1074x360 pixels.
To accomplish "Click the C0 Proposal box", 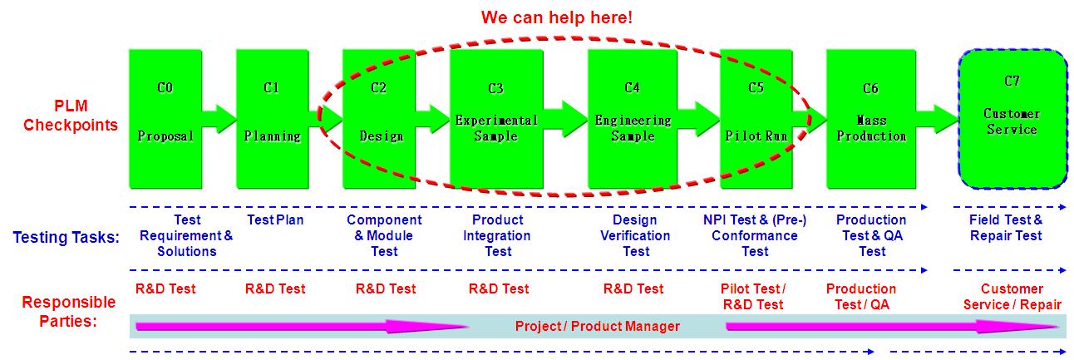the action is point(165,119).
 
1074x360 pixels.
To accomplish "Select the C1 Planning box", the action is point(273,119).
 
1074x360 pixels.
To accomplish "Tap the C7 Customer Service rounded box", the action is point(1012,119).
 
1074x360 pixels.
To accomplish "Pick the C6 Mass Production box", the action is point(871,119).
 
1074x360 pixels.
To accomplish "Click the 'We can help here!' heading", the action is point(557,17).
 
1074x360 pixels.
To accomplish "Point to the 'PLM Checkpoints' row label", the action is point(71,116).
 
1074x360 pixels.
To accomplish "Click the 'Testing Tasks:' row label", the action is point(67,237).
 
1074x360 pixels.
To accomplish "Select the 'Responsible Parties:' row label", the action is point(68,312).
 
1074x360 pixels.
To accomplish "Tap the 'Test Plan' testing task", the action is point(275,220).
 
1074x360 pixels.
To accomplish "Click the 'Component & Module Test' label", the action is point(384,236).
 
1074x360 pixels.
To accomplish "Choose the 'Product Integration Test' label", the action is point(497,236).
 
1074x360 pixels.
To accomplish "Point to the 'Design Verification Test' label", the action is point(635,236).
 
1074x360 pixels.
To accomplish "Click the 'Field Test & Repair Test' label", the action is point(1006,228).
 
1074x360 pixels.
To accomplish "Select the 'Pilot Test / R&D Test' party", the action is point(753,297).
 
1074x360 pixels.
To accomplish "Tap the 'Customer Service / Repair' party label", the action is point(1012,297).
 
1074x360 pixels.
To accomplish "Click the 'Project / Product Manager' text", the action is point(598,327).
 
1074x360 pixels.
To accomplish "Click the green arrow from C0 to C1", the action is point(219,119).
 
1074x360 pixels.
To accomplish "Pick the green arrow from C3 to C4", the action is point(566,119).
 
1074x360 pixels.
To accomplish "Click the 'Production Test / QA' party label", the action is point(861,297).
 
